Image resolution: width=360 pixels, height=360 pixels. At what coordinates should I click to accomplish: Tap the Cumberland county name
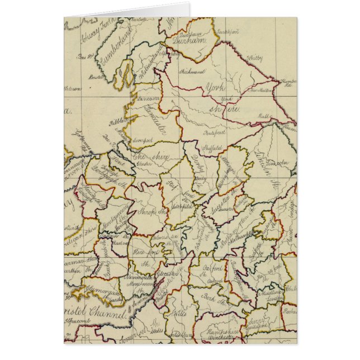(115, 46)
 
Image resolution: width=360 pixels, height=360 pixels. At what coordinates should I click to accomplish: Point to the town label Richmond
(192, 72)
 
